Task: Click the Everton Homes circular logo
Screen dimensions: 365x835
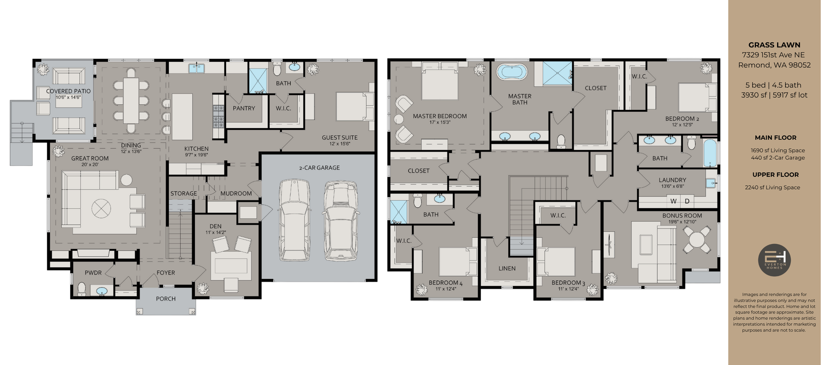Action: (774, 260)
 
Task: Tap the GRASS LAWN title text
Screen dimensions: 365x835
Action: (774, 45)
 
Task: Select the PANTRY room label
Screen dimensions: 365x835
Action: (244, 108)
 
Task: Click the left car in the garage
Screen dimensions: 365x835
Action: (294, 219)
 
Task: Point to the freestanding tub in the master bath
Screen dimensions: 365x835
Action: (512, 72)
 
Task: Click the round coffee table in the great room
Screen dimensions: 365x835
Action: (101, 209)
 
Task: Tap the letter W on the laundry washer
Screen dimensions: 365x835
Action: (673, 201)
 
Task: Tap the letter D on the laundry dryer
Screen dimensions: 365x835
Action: (687, 201)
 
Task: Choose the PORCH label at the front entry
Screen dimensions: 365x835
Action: (166, 299)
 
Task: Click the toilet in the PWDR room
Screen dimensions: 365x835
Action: (81, 288)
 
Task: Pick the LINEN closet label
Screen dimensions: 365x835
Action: (507, 269)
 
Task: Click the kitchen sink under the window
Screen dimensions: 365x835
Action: (197, 68)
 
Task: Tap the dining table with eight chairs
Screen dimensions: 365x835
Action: (131, 100)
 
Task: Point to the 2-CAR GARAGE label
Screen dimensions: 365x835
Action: (319, 168)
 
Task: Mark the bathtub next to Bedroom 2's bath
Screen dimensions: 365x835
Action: (709, 153)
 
